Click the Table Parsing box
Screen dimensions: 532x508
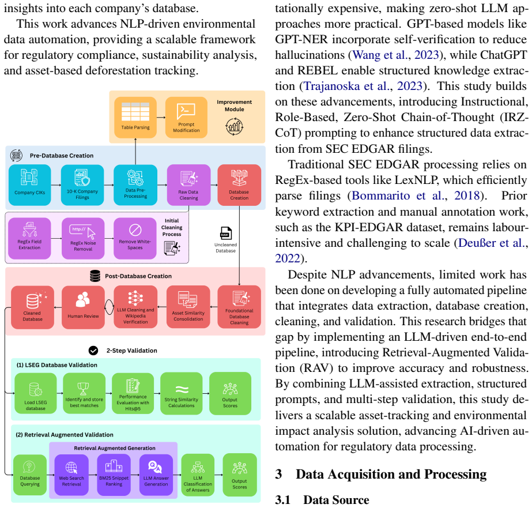click(135, 118)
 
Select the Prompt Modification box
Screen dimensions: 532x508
click(186, 118)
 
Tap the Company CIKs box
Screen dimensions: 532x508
click(30, 185)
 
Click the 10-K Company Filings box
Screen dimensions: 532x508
click(82, 185)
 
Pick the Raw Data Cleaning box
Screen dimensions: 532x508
click(188, 185)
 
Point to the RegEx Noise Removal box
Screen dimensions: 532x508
click(83, 238)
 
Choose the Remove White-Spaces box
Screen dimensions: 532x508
click(135, 238)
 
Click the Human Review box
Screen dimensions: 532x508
click(83, 307)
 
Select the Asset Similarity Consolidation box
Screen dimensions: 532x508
click(188, 307)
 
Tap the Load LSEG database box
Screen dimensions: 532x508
click(36, 393)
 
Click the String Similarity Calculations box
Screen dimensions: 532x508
click(182, 393)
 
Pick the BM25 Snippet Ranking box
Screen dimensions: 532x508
click(114, 475)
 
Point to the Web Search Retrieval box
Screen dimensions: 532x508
click(71, 475)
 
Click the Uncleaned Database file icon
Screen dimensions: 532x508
click(225, 234)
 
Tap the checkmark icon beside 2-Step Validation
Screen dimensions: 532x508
click(93, 351)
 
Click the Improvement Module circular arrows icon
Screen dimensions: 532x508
click(235, 127)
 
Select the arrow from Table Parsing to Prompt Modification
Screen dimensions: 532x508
click(161, 118)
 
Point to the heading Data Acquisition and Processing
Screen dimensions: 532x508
click(391, 474)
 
